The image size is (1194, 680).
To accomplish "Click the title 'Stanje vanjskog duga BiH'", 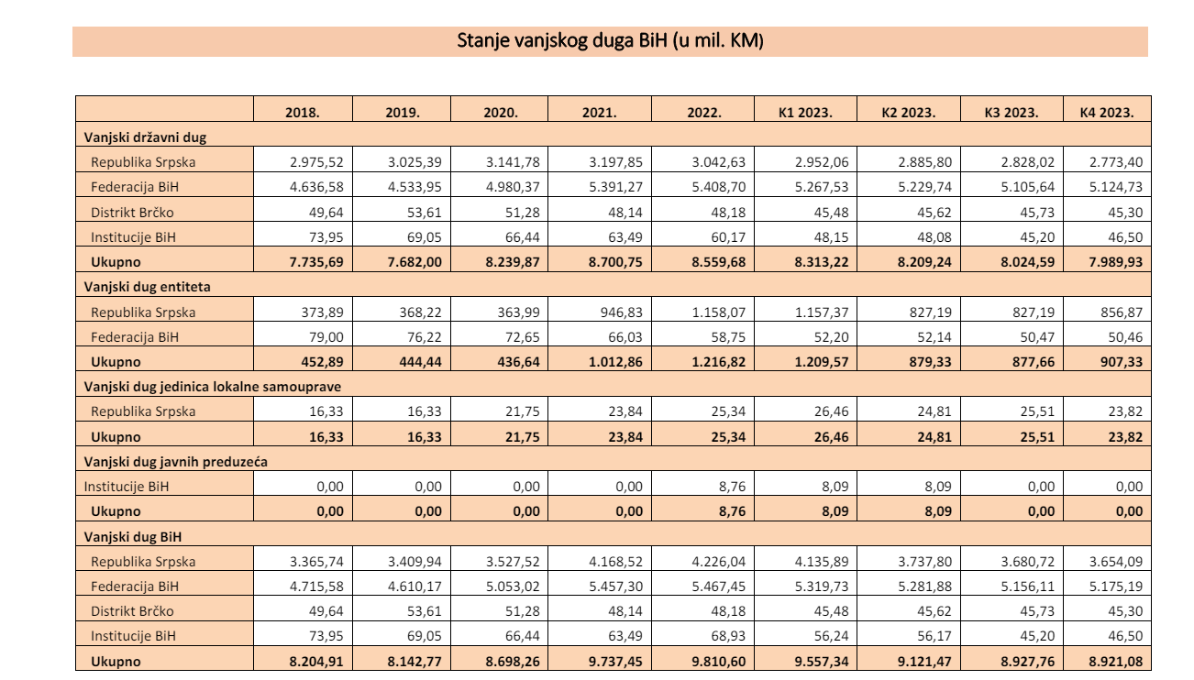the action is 562,41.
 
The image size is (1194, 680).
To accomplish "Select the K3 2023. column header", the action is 1012,113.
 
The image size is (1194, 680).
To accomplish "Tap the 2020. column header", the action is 500,113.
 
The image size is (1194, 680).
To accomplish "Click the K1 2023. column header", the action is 805,113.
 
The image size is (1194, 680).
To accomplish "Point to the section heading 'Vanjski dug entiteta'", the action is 147,287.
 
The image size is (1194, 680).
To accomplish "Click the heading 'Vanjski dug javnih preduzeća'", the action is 175,462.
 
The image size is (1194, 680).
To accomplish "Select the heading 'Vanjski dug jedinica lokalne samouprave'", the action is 212,387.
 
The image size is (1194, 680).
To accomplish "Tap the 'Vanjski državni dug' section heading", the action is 145,137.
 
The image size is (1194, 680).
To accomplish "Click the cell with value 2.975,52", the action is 316,162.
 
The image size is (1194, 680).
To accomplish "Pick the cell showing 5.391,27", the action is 615,187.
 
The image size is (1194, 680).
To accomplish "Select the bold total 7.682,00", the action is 415,262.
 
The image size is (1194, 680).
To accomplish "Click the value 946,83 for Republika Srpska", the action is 622,312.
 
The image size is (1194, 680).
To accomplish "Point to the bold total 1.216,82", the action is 719,362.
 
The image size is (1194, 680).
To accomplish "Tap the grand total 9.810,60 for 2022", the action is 719,662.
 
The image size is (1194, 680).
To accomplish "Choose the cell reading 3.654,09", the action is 1116,562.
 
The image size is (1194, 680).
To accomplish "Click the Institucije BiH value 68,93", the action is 728,636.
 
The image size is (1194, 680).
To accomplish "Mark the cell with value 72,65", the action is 523,337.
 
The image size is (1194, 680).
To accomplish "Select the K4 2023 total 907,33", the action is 1122,362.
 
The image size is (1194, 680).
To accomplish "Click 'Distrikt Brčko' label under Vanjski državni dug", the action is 132,213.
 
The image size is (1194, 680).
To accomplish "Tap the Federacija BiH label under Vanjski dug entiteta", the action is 134,337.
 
